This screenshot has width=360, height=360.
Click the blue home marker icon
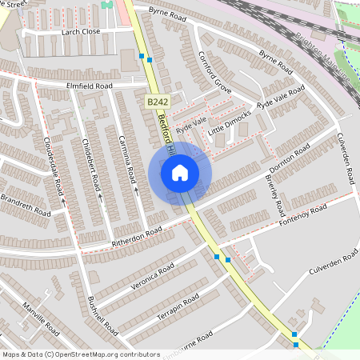click(180, 172)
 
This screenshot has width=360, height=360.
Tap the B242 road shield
click(156, 102)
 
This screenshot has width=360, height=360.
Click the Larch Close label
click(81, 32)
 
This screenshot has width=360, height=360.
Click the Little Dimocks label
click(230, 122)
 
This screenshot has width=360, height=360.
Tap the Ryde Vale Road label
click(281, 100)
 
